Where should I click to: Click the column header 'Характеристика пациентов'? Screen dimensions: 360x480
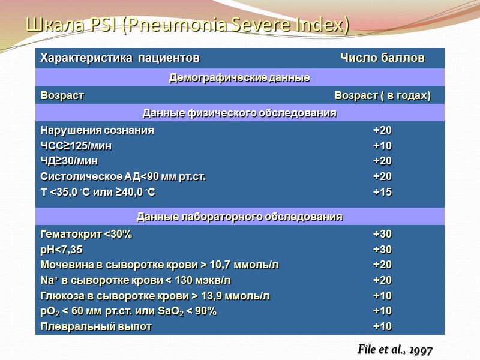tap(119, 58)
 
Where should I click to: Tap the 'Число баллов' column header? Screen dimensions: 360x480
tap(382, 58)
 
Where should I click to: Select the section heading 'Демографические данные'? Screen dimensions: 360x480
tap(239, 78)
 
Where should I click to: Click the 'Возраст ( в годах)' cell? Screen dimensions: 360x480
tap(382, 96)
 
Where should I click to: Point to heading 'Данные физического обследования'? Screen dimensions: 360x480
tap(239, 113)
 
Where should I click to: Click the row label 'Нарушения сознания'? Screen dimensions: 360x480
tap(97, 130)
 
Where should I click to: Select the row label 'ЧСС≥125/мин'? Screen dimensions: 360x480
tap(76, 146)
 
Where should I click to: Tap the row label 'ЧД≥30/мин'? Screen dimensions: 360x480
tap(69, 161)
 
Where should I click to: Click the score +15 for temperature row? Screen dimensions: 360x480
tap(382, 192)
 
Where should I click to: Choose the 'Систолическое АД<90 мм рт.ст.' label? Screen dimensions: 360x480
tap(127, 176)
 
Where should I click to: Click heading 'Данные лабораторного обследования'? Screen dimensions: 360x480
tap(239, 217)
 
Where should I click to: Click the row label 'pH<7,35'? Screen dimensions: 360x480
tap(61, 250)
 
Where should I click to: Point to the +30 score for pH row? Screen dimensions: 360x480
tap(382, 250)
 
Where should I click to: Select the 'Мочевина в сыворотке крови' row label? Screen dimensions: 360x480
tap(159, 265)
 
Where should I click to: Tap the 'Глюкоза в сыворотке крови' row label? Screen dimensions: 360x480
tap(155, 296)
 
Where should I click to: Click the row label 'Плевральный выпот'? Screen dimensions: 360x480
tap(96, 326)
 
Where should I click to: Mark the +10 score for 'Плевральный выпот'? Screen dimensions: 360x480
tap(382, 326)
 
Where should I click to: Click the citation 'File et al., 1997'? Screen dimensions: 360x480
tap(395, 350)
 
